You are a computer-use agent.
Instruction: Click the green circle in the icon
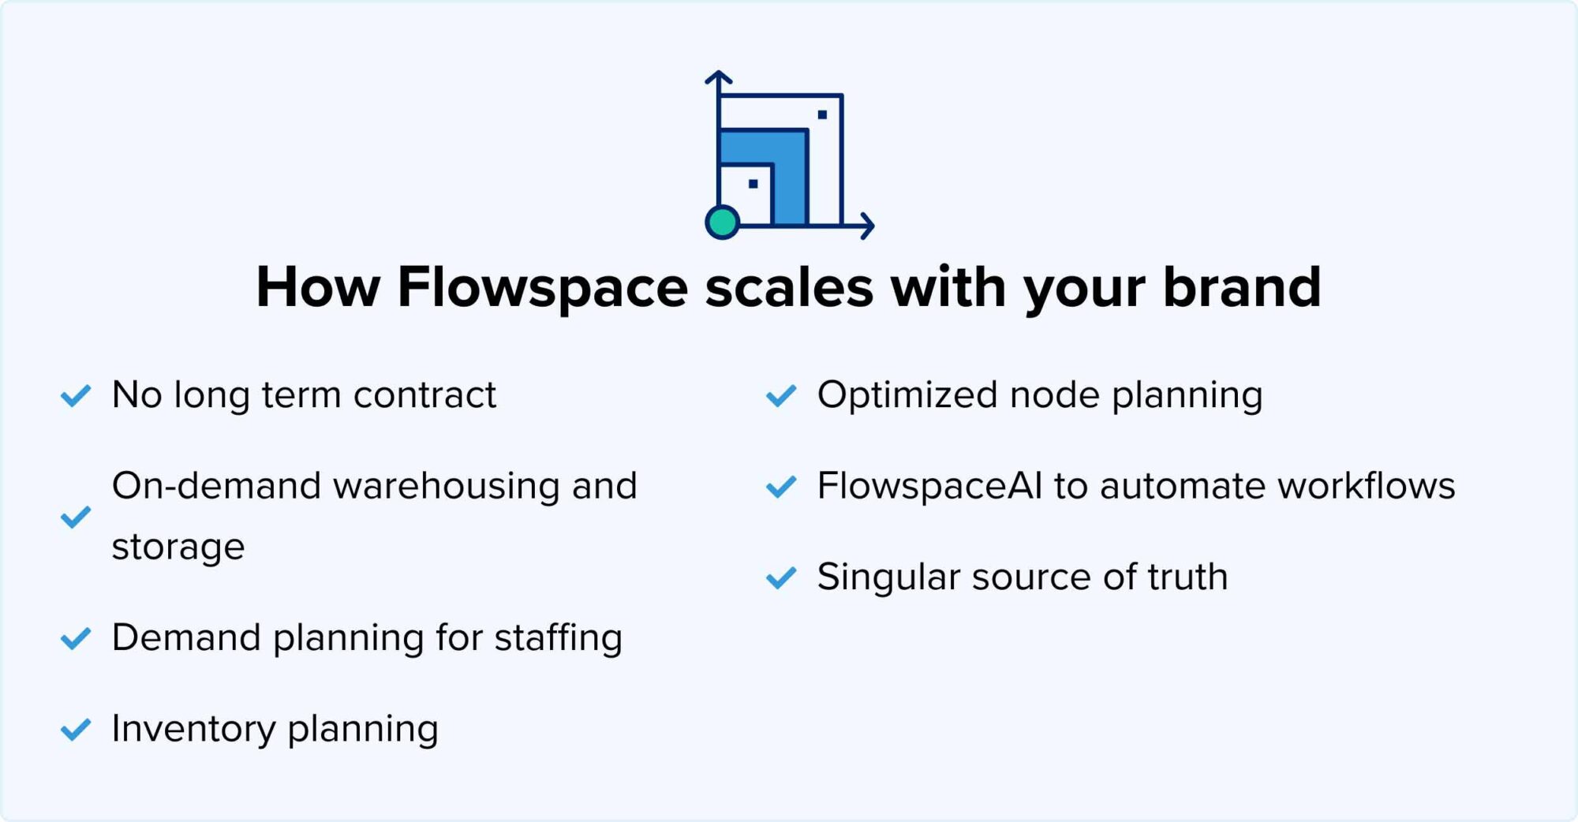point(722,222)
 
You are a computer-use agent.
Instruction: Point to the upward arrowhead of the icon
point(719,77)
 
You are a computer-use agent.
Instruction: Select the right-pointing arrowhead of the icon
point(867,226)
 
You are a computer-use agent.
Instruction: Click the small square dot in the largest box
point(822,115)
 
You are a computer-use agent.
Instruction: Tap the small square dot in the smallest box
point(753,184)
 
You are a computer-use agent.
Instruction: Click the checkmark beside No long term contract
point(76,396)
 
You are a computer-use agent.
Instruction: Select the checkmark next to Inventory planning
point(76,730)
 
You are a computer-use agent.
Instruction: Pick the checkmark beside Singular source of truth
point(781,578)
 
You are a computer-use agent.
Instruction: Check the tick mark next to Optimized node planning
point(781,396)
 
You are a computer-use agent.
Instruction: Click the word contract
point(424,395)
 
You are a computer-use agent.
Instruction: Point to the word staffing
point(559,638)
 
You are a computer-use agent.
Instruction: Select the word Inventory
point(193,729)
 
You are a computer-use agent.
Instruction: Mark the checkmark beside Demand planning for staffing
point(76,639)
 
